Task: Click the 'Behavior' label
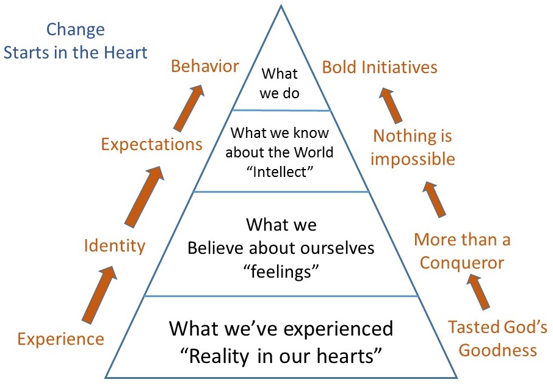click(x=205, y=67)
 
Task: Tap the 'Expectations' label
click(x=151, y=145)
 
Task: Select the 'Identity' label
click(x=115, y=245)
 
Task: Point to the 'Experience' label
click(x=60, y=339)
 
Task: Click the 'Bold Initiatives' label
click(x=380, y=67)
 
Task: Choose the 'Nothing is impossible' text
click(x=413, y=148)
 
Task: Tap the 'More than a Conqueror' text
click(x=462, y=251)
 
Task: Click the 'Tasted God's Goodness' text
click(x=497, y=339)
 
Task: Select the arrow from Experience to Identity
click(x=99, y=295)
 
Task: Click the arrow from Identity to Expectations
click(x=144, y=196)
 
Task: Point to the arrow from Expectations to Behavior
click(x=189, y=108)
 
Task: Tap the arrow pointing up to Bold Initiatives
click(x=391, y=106)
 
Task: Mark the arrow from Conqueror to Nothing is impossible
click(x=434, y=199)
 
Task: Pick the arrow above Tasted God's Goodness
click(x=479, y=292)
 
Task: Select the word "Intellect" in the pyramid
click(x=280, y=172)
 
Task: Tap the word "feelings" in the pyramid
click(x=281, y=272)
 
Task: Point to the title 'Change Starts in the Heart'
click(x=75, y=41)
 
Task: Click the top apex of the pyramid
click(x=281, y=5)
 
